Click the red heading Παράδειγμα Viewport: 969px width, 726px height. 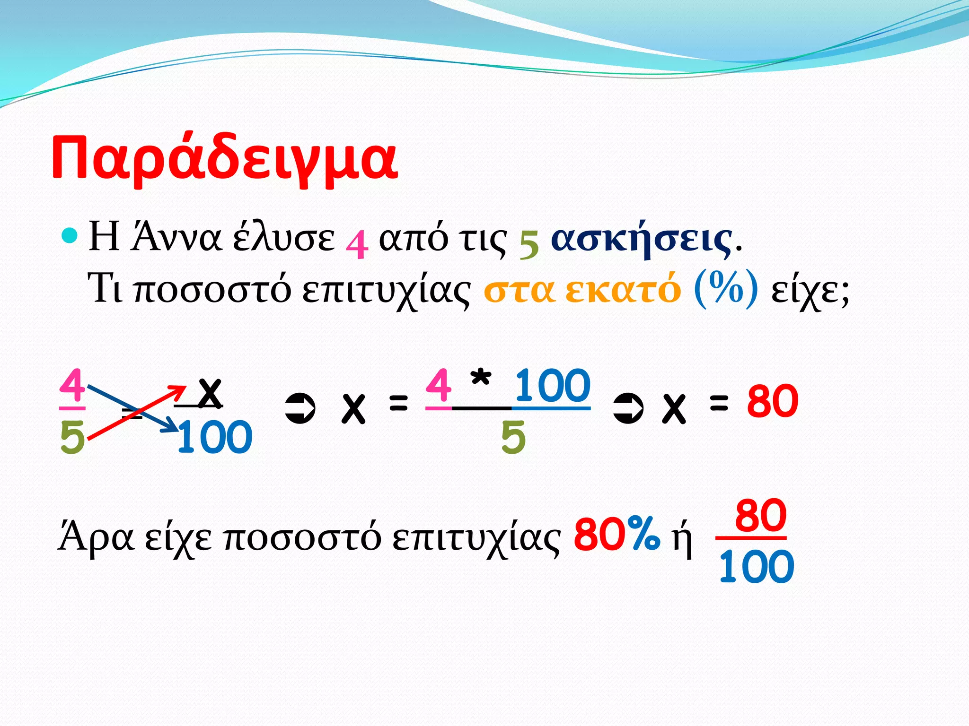point(224,158)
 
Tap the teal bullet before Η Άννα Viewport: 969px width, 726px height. point(70,236)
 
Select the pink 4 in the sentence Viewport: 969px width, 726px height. point(357,243)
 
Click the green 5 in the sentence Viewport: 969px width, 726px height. point(529,244)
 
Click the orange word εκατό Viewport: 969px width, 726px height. point(623,289)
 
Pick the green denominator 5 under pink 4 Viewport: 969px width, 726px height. point(72,437)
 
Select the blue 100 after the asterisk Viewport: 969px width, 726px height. point(553,386)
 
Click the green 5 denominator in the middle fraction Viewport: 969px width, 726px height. point(513,437)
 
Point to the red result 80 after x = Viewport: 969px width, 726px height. point(773,401)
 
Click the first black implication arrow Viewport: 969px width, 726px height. point(300,408)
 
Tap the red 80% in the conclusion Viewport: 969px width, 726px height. point(616,534)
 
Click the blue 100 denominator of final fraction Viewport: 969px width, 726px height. point(756,567)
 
